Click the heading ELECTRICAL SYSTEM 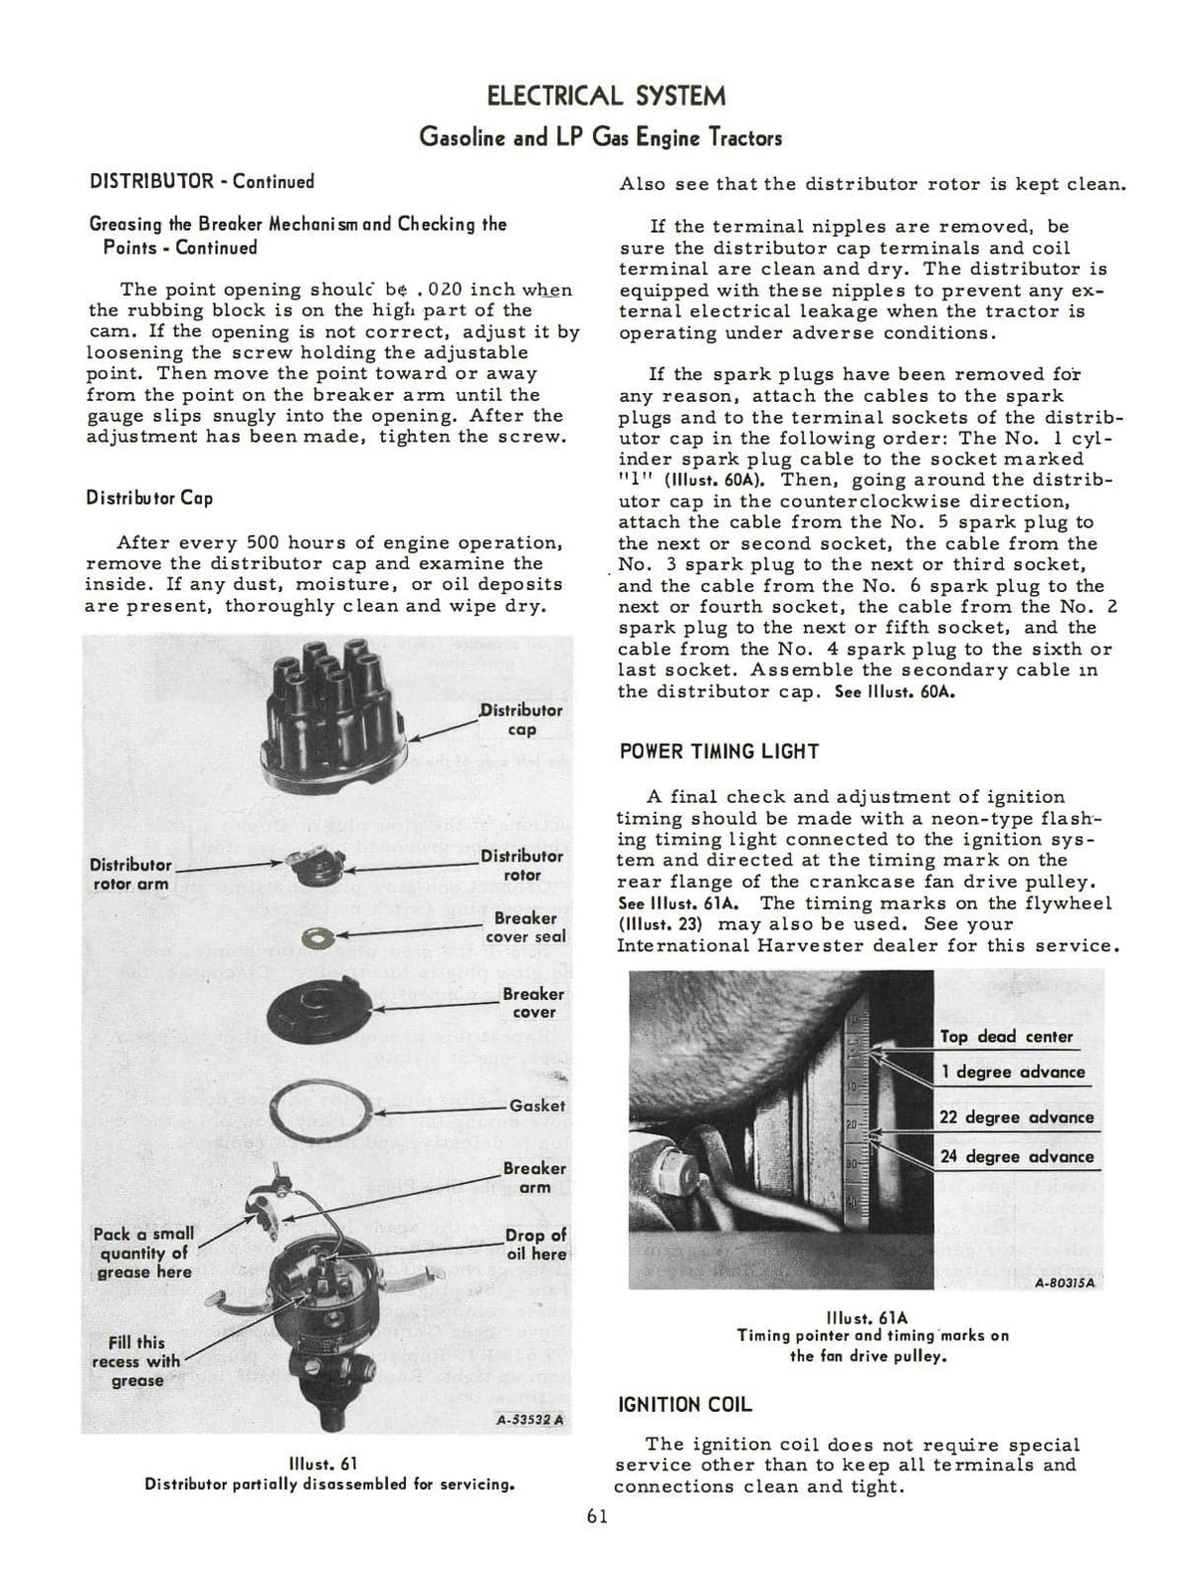tap(606, 97)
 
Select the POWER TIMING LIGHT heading tap(718, 751)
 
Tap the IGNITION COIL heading tap(685, 1405)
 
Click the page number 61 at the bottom tap(597, 1516)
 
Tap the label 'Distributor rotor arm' tap(129, 875)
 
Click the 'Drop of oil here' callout tap(535, 1245)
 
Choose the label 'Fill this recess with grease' tap(136, 1361)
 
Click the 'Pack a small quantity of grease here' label tap(143, 1253)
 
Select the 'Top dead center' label tap(1006, 1037)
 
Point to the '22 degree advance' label tap(1016, 1117)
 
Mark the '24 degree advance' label tap(1016, 1157)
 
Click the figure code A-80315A tap(1065, 1283)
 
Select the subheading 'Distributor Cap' tap(149, 498)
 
